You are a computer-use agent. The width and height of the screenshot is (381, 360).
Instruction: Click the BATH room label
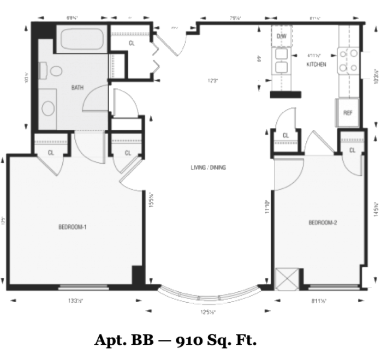[x=77, y=87]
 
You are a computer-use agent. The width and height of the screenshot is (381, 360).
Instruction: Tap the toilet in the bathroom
[x=55, y=71]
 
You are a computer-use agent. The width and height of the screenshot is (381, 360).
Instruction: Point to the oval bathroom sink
[x=49, y=108]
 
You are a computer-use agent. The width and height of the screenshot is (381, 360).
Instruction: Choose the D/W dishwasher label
[x=282, y=36]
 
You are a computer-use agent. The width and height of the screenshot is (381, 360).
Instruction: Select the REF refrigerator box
[x=348, y=113]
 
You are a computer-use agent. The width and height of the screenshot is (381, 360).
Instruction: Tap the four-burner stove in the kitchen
[x=348, y=61]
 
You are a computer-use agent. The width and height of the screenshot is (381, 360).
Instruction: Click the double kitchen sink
[x=282, y=61]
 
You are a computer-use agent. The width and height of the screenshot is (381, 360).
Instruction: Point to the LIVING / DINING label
[x=208, y=168]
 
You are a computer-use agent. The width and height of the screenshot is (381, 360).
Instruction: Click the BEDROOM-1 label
[x=73, y=227]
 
